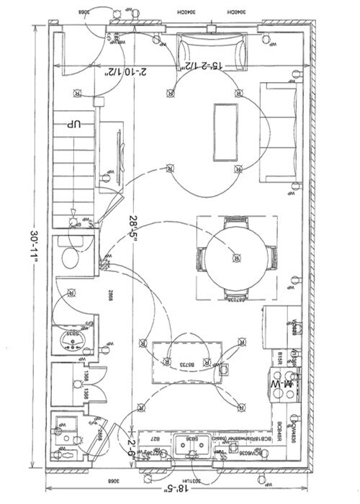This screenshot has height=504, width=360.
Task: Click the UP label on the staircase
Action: (x=73, y=125)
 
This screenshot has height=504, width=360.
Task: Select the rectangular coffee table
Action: (x=225, y=132)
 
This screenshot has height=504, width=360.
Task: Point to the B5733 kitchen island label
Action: (x=176, y=365)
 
